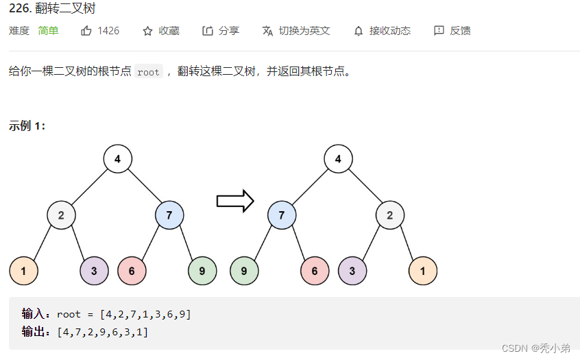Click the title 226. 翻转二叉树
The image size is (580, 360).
coord(52,9)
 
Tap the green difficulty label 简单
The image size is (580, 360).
coord(48,31)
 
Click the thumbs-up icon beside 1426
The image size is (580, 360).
coord(86,31)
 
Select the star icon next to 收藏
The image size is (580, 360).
coord(147,31)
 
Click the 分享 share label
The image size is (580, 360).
coord(229,31)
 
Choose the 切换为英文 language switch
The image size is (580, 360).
coord(304,31)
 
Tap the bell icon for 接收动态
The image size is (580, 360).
coord(359,31)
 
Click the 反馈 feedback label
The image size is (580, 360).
coord(460,31)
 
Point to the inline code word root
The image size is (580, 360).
coord(148,72)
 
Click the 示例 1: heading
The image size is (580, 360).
coord(27,125)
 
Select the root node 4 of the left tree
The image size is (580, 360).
coord(118,159)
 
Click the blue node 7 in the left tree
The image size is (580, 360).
coord(169,215)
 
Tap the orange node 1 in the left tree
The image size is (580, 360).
coord(23,271)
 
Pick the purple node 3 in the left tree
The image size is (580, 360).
coord(95,271)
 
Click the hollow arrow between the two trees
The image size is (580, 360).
coord(235,201)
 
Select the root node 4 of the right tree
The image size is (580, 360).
coord(338,159)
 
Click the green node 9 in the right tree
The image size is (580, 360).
coord(244,271)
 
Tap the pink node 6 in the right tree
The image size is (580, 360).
coord(315,271)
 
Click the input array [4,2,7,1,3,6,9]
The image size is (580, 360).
coord(145,314)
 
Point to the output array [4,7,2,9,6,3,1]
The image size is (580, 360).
coord(103,332)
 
